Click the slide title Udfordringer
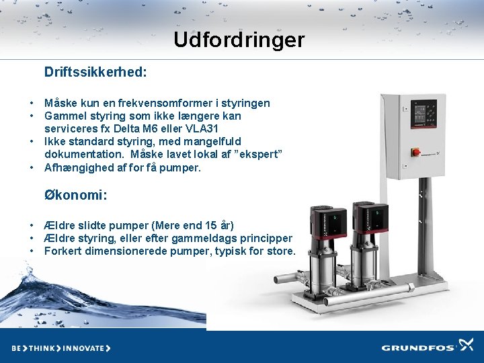(239, 40)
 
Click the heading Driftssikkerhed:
(95, 71)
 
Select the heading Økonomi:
(76, 195)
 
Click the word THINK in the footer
(42, 348)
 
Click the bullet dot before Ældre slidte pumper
(32, 225)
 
